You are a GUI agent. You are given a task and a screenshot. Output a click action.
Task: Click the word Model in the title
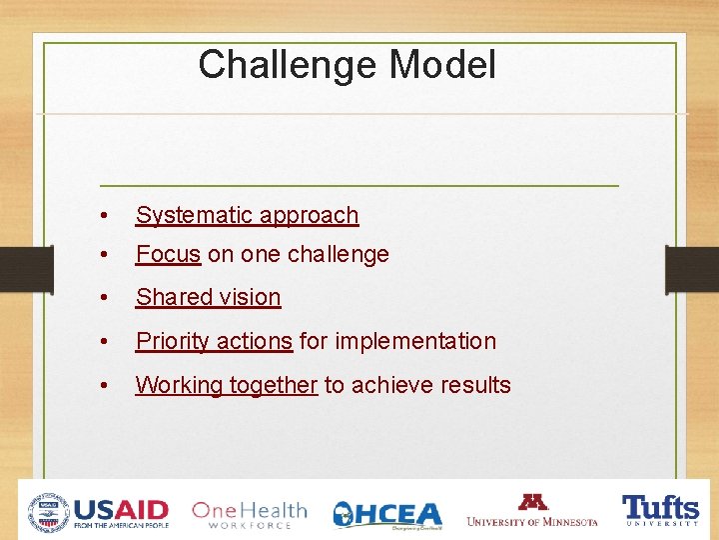click(441, 65)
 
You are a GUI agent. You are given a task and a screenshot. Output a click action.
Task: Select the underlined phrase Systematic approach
click(247, 215)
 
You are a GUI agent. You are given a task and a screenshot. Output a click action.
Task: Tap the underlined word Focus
click(168, 254)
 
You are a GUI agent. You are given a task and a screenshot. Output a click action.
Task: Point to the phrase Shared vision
click(208, 297)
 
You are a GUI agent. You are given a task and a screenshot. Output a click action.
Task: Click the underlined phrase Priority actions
click(214, 341)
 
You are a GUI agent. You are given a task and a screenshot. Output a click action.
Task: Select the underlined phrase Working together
click(226, 385)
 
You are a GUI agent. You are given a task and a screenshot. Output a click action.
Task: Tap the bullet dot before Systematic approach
click(104, 216)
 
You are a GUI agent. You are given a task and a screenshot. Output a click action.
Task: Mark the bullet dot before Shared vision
click(104, 298)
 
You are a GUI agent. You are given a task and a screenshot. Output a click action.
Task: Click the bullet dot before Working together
click(104, 386)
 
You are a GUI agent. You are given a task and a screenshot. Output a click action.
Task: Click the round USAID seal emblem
click(48, 512)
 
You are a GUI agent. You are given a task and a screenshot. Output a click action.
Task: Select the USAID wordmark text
click(121, 509)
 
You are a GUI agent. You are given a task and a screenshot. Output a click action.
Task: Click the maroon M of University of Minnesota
click(532, 502)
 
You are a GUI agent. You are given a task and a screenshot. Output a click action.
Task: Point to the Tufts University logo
click(660, 510)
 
